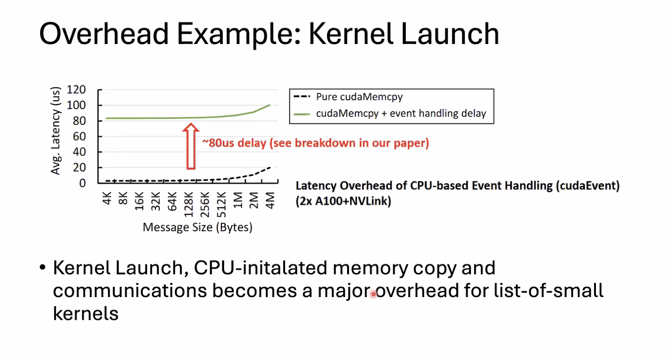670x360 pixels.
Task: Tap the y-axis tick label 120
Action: [x=76, y=90]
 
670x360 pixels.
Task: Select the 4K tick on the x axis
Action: [x=107, y=199]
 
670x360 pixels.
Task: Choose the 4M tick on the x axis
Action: [x=270, y=199]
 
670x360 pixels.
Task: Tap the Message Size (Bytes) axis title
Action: [x=198, y=226]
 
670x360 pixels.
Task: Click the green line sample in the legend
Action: [x=302, y=114]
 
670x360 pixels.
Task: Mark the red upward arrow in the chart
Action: [x=191, y=146]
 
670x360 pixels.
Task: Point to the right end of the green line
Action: [x=270, y=105]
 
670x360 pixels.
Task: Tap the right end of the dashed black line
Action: [x=270, y=167]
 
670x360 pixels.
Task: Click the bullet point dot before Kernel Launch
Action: [x=43, y=268]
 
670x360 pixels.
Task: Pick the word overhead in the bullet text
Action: [x=417, y=291]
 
